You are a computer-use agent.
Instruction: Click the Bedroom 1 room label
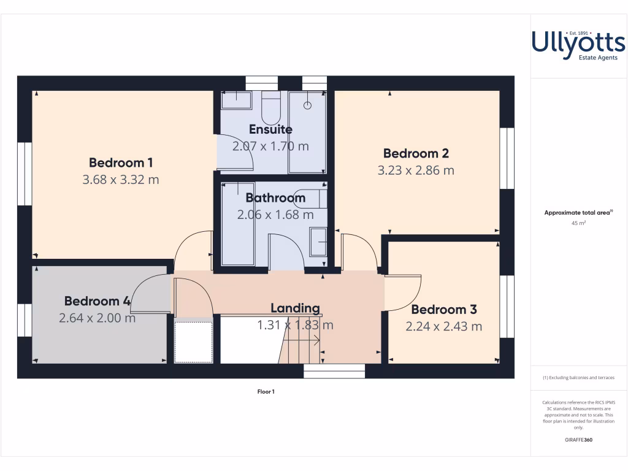(x=121, y=163)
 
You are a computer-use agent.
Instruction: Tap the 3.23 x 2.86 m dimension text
(x=416, y=170)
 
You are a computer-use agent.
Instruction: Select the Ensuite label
(x=270, y=129)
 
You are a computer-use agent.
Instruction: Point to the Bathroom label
(x=275, y=198)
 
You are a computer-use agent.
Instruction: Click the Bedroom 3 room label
(x=444, y=310)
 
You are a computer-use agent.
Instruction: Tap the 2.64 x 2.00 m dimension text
(x=98, y=318)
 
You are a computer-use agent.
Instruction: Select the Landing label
(x=295, y=308)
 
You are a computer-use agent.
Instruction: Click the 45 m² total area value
(x=578, y=223)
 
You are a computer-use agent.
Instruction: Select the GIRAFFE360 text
(x=578, y=440)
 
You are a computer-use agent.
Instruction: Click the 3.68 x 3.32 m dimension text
(x=121, y=180)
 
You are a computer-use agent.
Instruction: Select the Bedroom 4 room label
(x=98, y=301)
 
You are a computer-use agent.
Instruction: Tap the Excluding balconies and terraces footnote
(x=578, y=378)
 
